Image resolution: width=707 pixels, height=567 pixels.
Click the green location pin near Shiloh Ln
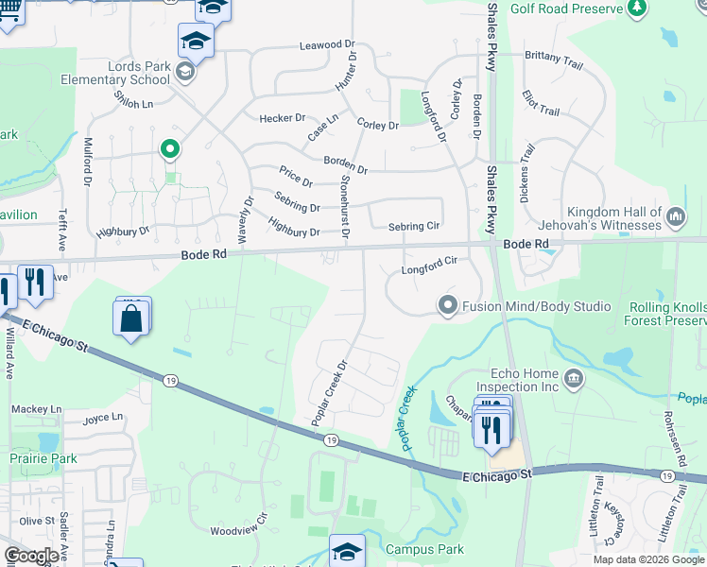170,148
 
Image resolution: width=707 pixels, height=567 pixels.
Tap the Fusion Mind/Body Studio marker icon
447,304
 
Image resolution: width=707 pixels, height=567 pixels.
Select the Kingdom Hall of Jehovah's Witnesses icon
676,217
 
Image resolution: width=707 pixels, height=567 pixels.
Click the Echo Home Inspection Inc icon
573,379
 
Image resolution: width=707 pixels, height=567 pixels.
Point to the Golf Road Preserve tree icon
637,9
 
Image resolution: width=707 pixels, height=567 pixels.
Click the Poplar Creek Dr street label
331,391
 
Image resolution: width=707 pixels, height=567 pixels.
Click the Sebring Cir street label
414,227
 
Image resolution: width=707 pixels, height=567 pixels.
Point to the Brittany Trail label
553,59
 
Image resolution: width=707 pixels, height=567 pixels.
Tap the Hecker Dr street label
283,118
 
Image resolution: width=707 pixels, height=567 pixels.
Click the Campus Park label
424,549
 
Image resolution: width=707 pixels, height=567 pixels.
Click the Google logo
31,557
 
